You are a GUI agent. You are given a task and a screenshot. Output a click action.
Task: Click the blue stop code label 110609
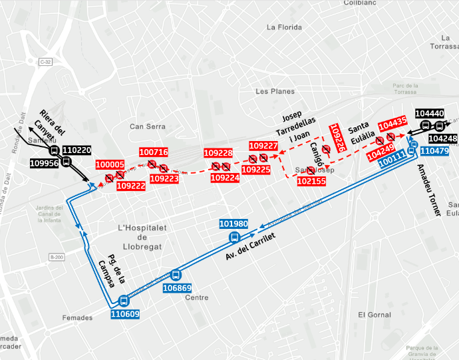125,313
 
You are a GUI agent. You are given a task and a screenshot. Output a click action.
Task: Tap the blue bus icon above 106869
176,274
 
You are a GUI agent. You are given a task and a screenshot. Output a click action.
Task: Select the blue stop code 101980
233,224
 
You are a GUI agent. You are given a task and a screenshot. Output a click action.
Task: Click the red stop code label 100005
110,164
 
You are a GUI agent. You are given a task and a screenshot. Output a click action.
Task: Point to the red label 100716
154,152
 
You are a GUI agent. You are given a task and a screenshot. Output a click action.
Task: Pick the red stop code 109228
218,153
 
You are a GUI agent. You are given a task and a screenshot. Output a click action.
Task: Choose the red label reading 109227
263,146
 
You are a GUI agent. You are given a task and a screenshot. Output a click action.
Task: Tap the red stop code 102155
311,181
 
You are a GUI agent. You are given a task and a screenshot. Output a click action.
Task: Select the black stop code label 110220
77,150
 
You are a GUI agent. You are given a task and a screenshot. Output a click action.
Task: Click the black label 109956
45,162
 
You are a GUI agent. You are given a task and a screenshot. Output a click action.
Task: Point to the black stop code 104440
429,114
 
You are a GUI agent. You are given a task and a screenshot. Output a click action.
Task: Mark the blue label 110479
434,151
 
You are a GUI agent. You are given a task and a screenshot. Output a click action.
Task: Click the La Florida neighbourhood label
284,27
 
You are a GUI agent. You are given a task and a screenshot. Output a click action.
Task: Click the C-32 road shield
45,61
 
